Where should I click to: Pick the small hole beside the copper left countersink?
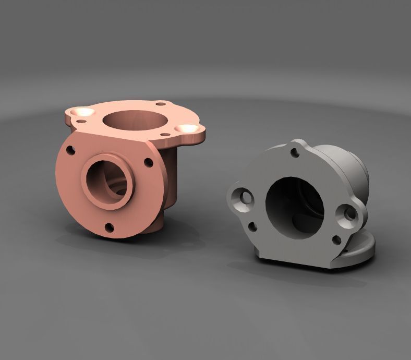pyautogui.click(x=81, y=122)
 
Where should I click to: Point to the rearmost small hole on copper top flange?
pyautogui.click(x=162, y=104)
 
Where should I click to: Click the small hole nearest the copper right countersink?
pyautogui.click(x=165, y=135)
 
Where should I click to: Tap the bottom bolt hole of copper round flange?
pyautogui.click(x=110, y=226)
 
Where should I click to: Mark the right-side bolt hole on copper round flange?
pyautogui.click(x=148, y=161)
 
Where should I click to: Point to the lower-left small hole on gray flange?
pyautogui.click(x=252, y=226)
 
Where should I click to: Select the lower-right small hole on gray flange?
pyautogui.click(x=336, y=240)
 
